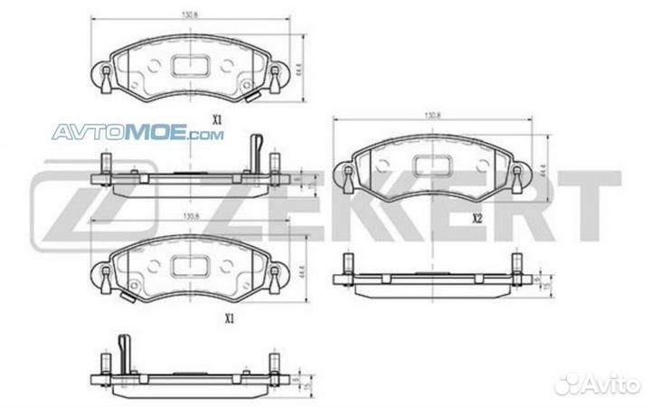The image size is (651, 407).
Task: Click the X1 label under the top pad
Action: point(216,119)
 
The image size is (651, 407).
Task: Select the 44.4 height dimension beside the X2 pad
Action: point(543,169)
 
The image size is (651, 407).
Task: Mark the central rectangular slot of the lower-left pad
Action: point(191,265)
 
